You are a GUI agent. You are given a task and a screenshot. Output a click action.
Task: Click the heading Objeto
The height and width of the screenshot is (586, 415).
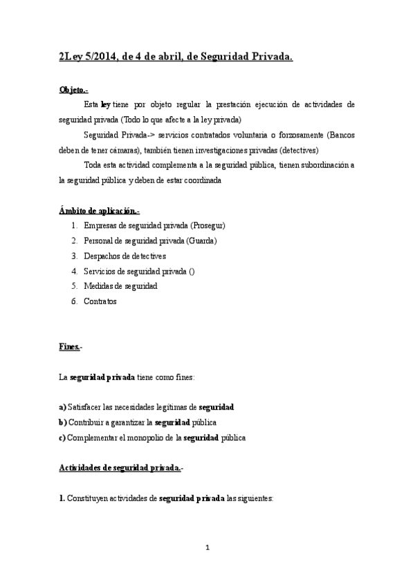73,90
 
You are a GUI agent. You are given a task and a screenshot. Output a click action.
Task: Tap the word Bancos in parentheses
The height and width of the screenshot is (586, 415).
341,135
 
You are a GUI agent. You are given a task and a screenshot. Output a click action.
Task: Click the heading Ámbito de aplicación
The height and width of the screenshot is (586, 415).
99,210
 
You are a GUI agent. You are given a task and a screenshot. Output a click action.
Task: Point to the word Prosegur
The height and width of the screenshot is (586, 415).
207,226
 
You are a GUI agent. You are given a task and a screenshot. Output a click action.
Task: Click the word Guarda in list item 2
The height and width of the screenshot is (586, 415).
200,241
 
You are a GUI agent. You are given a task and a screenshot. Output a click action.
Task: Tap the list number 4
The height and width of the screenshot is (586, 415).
74,272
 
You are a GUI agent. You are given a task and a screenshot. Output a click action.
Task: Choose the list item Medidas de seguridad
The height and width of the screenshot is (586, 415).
120,286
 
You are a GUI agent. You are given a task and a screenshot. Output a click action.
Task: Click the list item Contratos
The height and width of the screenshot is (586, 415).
100,301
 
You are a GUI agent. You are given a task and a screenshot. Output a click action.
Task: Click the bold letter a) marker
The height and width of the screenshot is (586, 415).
63,407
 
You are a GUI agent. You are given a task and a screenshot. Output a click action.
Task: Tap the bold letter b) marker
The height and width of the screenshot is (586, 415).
63,422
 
